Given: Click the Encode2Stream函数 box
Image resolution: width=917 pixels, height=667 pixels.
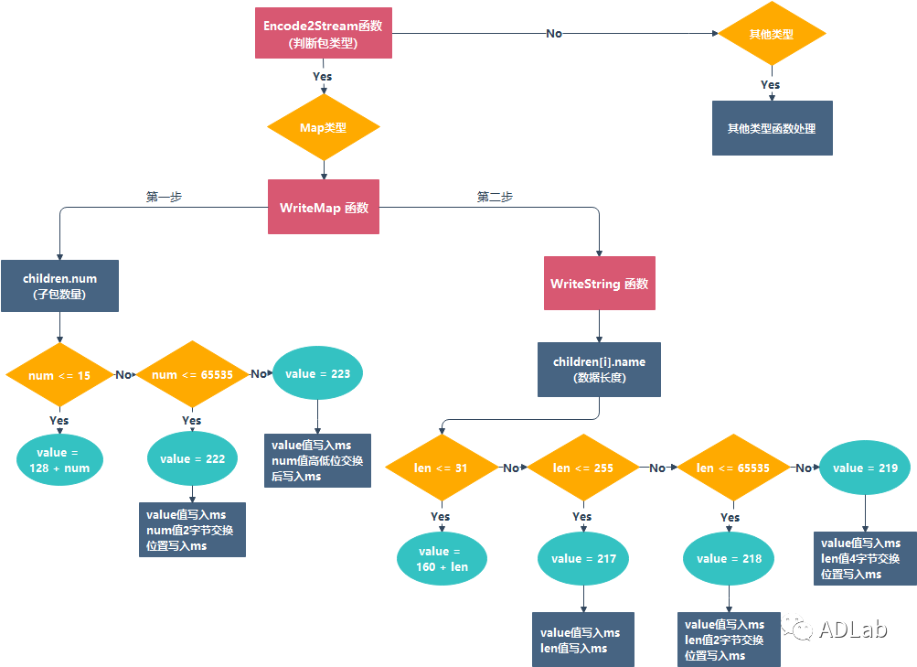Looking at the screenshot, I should [x=323, y=34].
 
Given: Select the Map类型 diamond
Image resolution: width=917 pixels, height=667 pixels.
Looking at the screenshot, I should [x=323, y=128].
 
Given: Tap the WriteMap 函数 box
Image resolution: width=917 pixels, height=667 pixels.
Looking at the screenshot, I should [x=323, y=207].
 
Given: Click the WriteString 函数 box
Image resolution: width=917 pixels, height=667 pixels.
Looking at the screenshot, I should [x=599, y=284].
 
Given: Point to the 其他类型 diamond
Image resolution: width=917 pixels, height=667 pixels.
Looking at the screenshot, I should [x=771, y=34].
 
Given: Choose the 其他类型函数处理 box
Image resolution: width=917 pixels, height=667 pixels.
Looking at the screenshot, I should [x=772, y=128].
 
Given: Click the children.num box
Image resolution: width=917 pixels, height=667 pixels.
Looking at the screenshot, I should [x=59, y=285].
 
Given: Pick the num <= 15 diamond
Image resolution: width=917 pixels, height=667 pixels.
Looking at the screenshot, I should [x=59, y=374].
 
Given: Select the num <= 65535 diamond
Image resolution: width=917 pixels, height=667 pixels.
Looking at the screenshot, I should [x=191, y=374].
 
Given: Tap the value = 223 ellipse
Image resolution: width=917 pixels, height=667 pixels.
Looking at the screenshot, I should [x=317, y=373].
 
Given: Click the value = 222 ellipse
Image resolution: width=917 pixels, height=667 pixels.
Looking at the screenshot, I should [x=192, y=459].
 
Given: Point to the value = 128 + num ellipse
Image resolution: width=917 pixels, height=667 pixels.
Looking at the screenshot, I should [x=59, y=460].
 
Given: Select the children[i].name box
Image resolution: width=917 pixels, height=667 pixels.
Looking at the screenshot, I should [x=599, y=370].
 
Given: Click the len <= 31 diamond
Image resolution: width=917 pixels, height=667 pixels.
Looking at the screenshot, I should [x=441, y=468].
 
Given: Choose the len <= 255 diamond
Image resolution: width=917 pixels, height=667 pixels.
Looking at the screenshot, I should [x=582, y=468].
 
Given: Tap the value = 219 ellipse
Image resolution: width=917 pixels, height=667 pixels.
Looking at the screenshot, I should [x=865, y=468].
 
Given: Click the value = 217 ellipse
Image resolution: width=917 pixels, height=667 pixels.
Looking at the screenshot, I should [x=582, y=558].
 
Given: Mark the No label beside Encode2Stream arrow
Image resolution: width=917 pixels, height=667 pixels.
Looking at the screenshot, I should [x=554, y=34].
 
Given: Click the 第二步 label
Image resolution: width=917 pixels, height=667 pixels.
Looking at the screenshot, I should [x=495, y=197].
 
